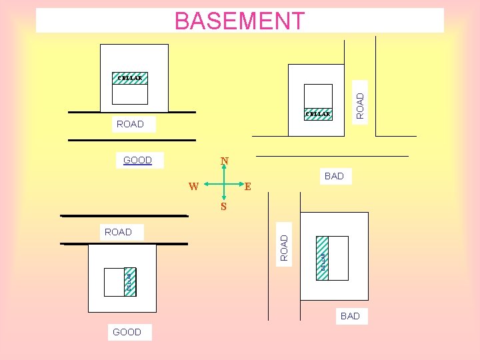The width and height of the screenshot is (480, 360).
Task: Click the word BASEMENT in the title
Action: [x=239, y=21]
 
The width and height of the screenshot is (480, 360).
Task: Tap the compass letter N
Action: [x=225, y=161]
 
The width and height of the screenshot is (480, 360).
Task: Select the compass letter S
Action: [x=224, y=207]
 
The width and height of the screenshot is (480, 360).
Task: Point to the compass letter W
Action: [x=193, y=186]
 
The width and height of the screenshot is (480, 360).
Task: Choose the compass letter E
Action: [x=247, y=187]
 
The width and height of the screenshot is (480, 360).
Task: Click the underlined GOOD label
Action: [x=138, y=160]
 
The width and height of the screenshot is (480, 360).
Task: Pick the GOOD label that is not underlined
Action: [x=127, y=332]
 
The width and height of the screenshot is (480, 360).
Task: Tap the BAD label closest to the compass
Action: [x=334, y=176]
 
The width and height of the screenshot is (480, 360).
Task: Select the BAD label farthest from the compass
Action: [x=350, y=316]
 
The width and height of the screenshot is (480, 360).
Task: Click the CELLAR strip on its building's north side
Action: [x=130, y=78]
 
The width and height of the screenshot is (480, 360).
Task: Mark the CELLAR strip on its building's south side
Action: [x=318, y=114]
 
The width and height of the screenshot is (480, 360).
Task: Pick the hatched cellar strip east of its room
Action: [x=130, y=282]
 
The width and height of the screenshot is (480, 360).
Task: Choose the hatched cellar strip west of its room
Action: [x=322, y=258]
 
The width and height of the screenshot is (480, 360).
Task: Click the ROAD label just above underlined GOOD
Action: [x=130, y=124]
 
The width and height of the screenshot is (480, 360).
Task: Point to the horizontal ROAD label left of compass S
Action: [x=118, y=232]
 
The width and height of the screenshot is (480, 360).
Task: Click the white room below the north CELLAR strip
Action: [x=130, y=94]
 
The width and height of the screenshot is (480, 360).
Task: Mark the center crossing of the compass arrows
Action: [x=224, y=183]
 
